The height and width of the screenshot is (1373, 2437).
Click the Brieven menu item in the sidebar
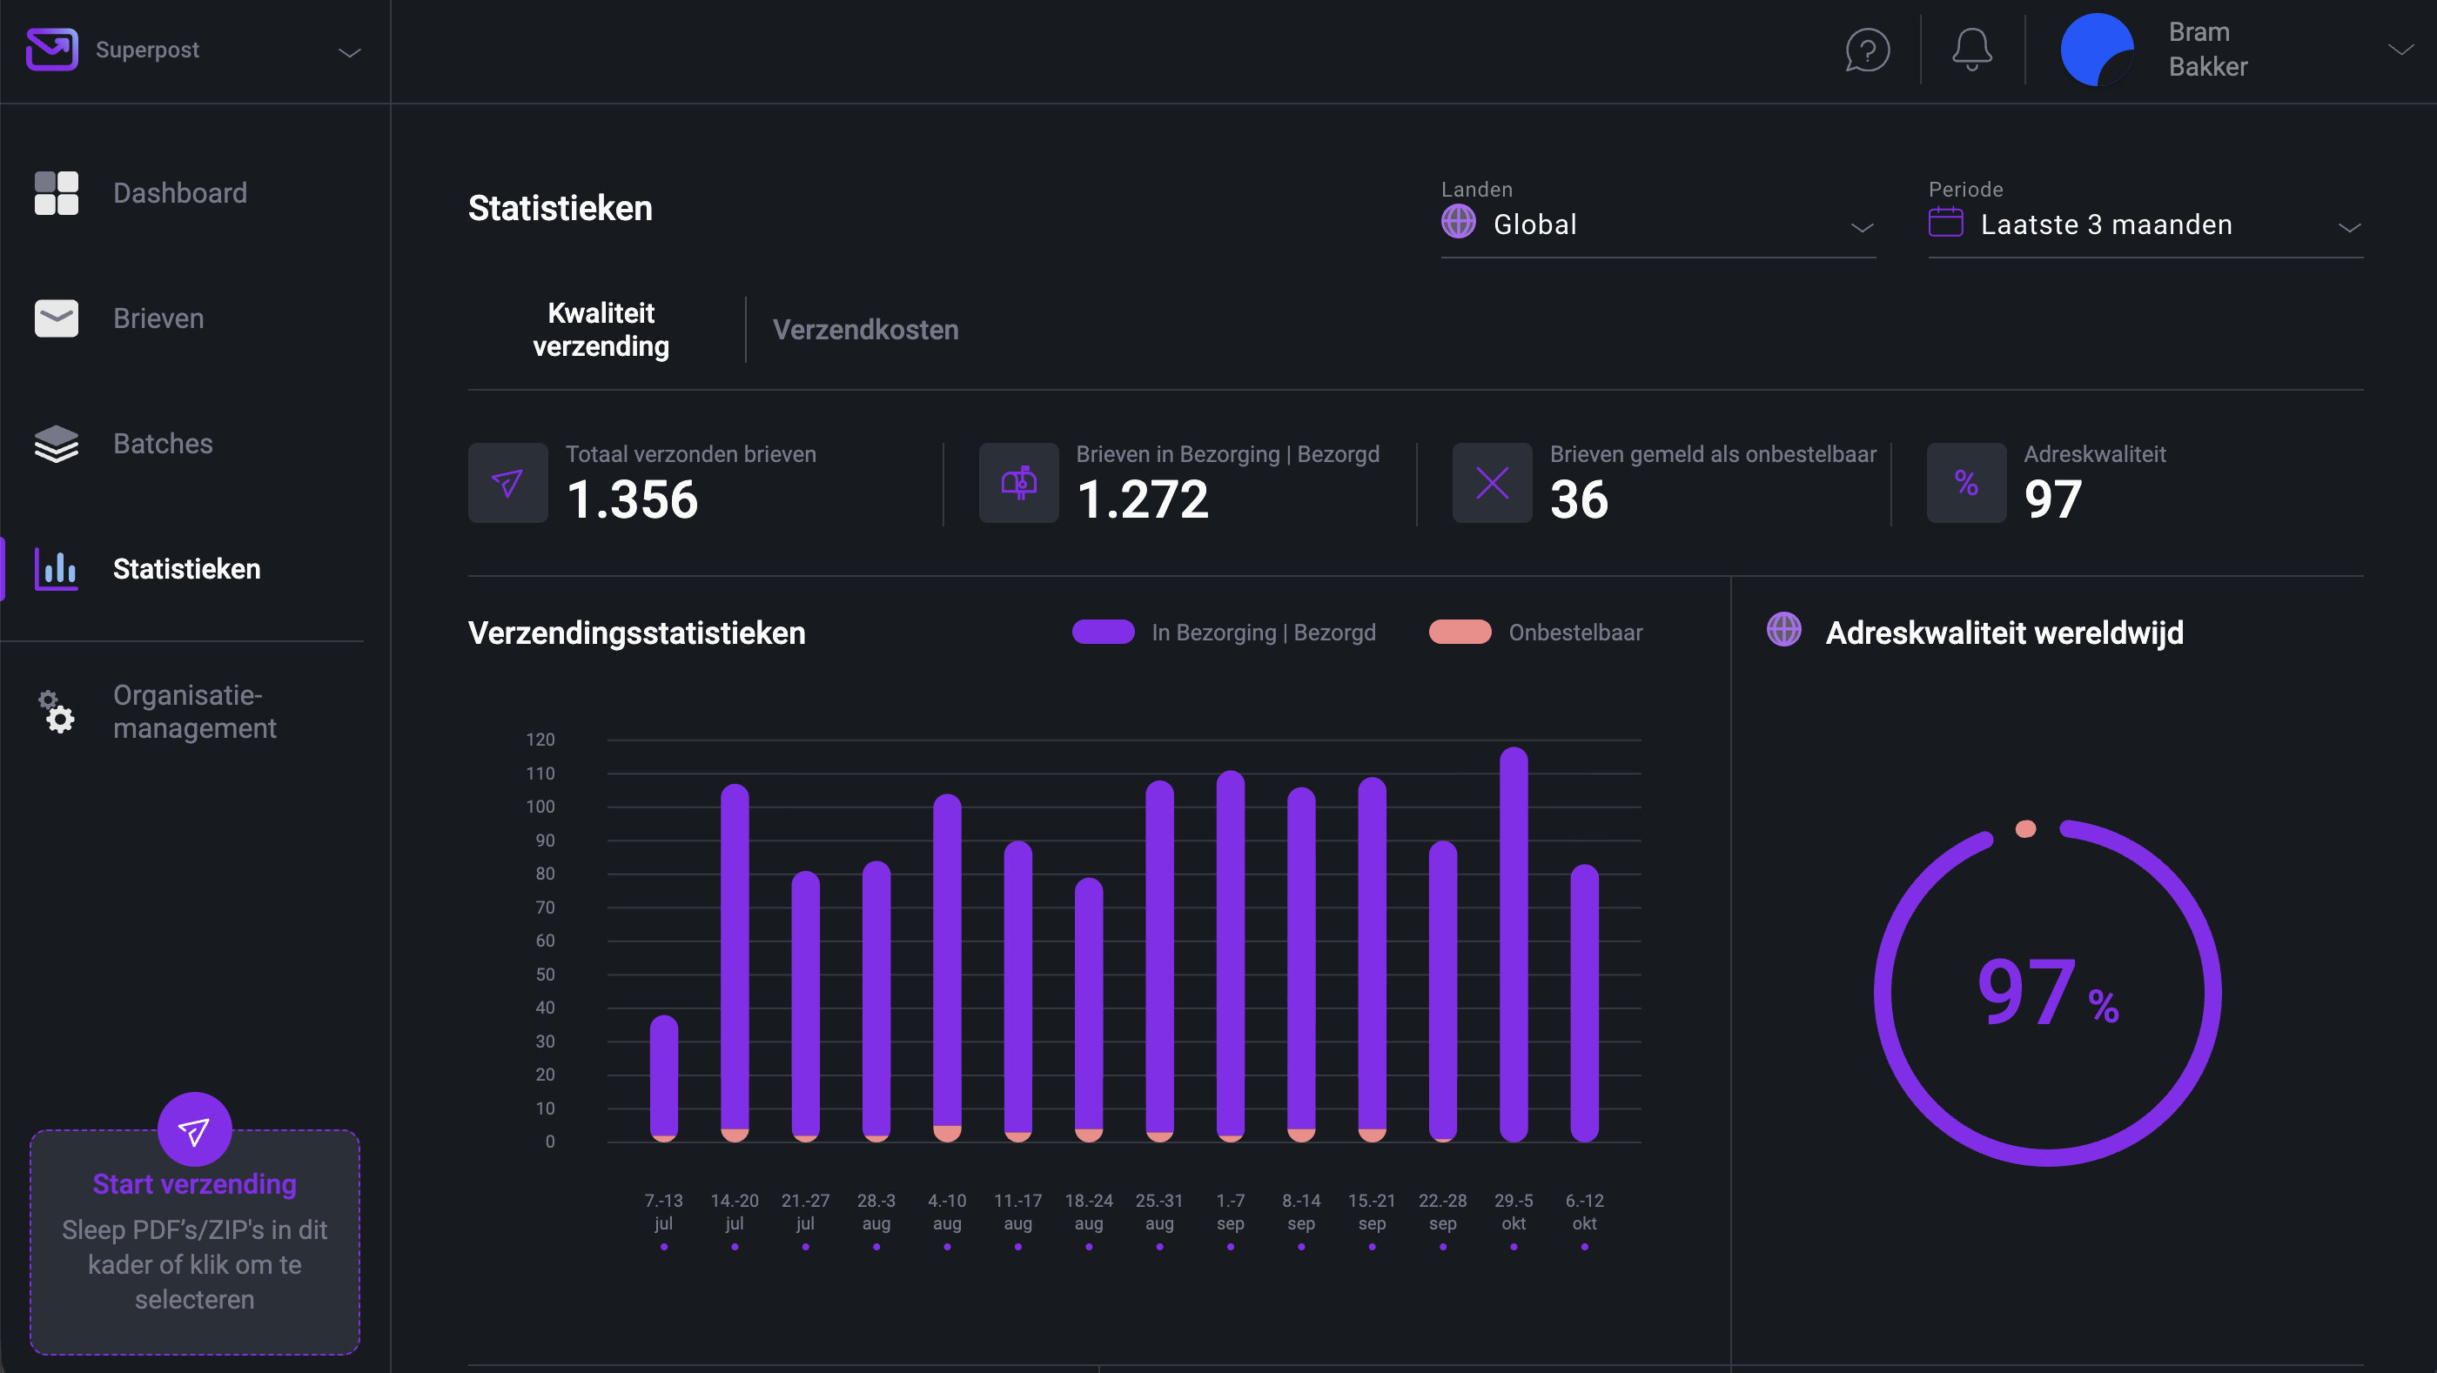158,318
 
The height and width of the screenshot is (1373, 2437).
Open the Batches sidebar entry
163,444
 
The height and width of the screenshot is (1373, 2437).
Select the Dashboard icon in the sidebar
57,193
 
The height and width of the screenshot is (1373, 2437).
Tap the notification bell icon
1971,50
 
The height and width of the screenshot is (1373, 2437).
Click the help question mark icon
1868,50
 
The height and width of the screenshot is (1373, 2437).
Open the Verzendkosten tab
864,329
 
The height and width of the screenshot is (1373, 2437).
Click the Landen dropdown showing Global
1656,225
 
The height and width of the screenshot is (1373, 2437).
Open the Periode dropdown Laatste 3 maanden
2144,225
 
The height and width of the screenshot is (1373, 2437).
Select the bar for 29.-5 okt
1514,946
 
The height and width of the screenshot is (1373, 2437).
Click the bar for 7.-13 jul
664,1078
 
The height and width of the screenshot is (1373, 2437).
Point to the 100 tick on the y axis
540,807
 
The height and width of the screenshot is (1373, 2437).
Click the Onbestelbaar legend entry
1535,633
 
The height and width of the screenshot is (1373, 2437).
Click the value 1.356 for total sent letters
632,499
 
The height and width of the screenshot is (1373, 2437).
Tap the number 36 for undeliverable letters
1578,499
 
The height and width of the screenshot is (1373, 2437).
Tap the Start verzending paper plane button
195,1130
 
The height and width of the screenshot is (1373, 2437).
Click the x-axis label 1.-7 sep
1230,1211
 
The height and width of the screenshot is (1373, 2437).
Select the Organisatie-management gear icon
57,711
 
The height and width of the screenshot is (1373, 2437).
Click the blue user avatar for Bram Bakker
2097,50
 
